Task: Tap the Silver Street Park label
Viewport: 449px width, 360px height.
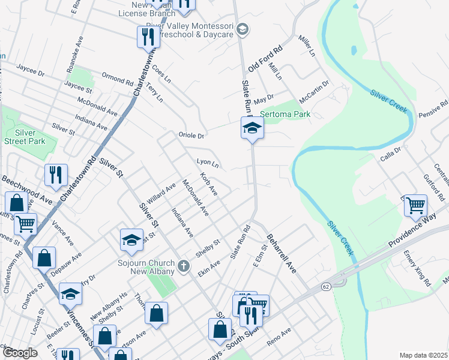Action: pos(30,137)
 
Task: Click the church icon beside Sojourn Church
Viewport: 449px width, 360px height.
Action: pos(184,265)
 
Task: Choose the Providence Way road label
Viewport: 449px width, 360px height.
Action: pos(414,235)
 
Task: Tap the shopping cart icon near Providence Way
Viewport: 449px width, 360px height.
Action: pos(415,206)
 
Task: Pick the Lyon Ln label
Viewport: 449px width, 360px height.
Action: pos(207,163)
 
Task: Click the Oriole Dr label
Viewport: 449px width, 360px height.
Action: pos(191,136)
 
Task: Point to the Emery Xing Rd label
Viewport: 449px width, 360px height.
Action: pos(418,268)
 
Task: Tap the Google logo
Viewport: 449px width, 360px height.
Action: pos(20,353)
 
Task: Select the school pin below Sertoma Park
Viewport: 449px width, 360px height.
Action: pos(252,127)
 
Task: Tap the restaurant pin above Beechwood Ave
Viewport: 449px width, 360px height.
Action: pos(55,175)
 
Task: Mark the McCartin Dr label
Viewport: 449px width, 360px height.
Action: pos(315,89)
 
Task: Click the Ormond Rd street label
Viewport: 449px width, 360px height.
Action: pos(117,79)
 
